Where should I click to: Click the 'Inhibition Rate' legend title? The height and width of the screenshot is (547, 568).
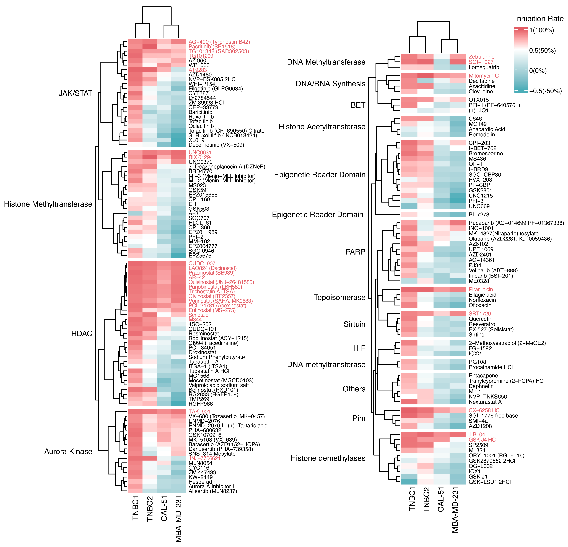[539, 19]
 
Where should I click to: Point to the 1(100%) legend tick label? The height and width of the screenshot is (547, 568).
[541, 30]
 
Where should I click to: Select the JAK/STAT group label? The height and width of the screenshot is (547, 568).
[75, 93]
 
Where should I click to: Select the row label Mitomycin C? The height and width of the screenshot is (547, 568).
[484, 76]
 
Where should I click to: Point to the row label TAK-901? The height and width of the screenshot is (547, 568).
[199, 412]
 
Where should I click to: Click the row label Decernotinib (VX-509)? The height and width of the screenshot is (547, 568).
[216, 145]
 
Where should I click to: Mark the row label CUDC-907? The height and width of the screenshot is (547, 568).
[202, 263]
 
